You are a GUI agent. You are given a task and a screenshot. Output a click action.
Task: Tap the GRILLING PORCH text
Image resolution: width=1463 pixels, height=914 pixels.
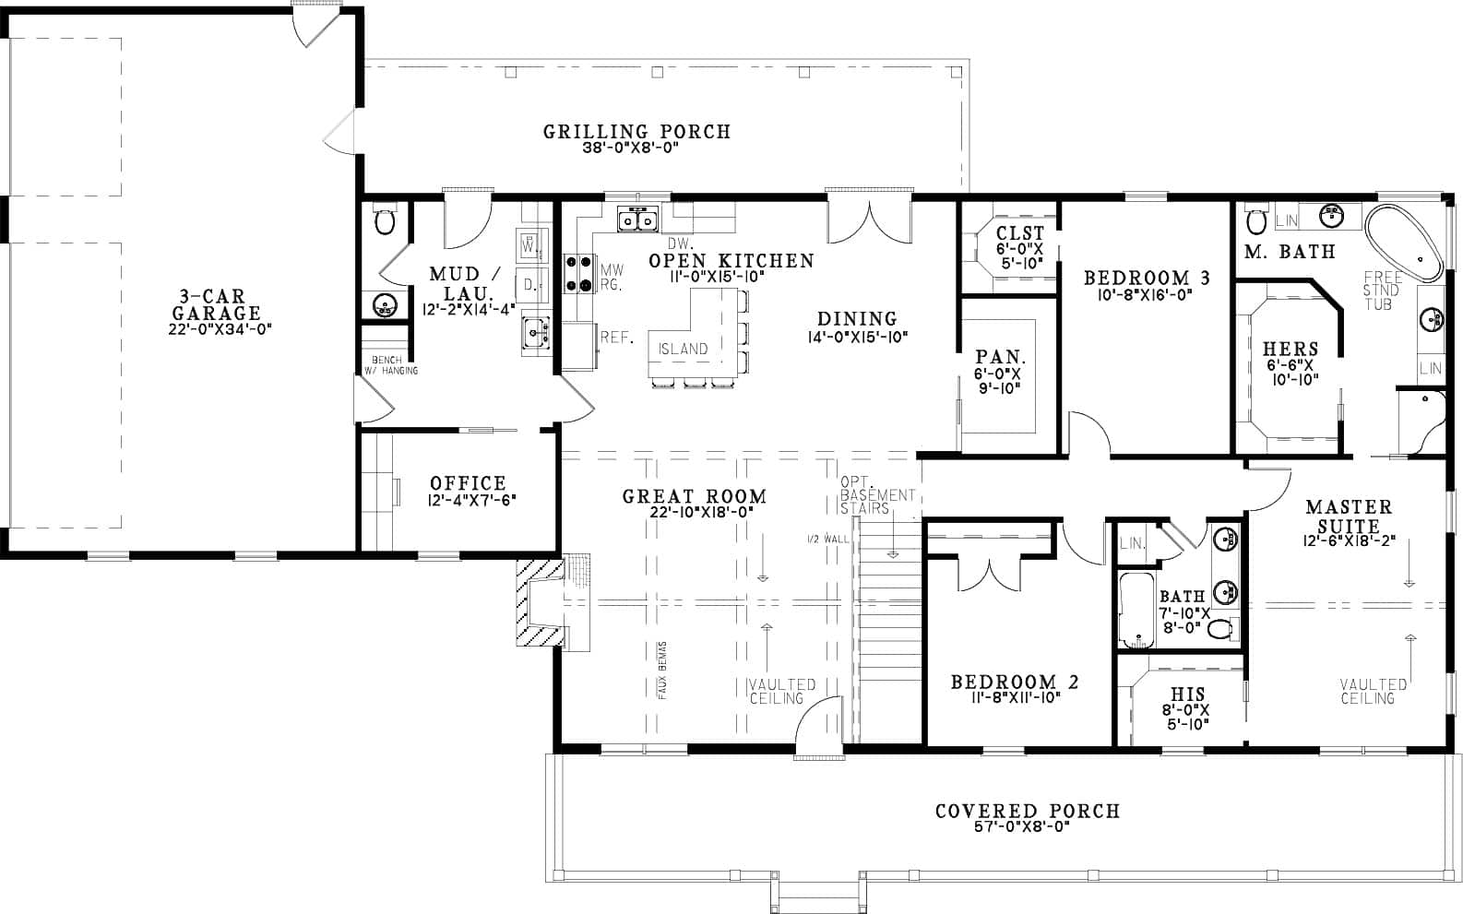pyautogui.click(x=636, y=132)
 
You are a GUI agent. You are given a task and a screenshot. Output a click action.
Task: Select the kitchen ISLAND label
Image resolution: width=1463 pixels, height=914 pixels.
pyautogui.click(x=684, y=349)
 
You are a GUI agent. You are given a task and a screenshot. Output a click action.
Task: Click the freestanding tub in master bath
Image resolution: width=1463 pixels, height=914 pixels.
pyautogui.click(x=1403, y=245)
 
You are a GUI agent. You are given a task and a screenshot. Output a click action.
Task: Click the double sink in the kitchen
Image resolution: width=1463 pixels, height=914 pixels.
pyautogui.click(x=636, y=220)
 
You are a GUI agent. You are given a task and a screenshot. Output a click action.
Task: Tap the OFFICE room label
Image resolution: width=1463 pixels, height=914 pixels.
pyautogui.click(x=468, y=483)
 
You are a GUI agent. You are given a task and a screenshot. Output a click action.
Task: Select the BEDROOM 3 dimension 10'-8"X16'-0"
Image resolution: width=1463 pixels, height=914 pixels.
pyautogui.click(x=1147, y=296)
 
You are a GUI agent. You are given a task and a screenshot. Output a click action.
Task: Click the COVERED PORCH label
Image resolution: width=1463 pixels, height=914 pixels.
pyautogui.click(x=1027, y=812)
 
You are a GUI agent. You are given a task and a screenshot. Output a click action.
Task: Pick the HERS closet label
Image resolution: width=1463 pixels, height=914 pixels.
pyautogui.click(x=1290, y=349)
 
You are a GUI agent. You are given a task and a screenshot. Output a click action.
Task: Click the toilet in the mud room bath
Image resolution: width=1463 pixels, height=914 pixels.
pyautogui.click(x=386, y=221)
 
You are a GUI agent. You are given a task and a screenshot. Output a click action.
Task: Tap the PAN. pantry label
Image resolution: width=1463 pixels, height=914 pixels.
pyautogui.click(x=1001, y=357)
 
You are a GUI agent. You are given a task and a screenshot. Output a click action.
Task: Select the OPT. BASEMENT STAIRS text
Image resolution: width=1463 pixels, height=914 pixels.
pyautogui.click(x=877, y=495)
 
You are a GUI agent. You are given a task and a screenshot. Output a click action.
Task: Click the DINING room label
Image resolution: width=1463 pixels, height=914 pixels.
pyautogui.click(x=857, y=319)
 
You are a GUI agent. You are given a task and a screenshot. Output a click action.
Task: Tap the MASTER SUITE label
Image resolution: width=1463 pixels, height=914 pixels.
pyautogui.click(x=1349, y=516)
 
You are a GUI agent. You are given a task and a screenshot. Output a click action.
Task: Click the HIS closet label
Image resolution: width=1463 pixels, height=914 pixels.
pyautogui.click(x=1187, y=694)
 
